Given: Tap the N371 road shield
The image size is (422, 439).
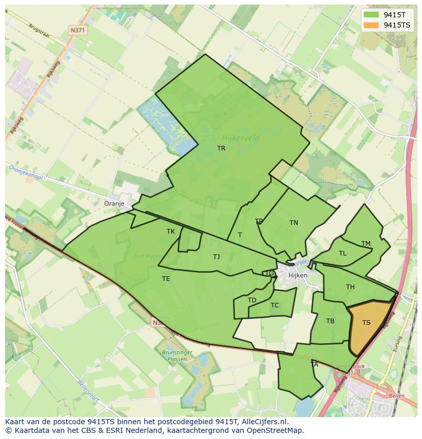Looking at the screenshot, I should coord(78,30).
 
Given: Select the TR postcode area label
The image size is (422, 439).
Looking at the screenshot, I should coord(221,148).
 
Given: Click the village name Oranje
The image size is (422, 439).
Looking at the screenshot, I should coord(114,203).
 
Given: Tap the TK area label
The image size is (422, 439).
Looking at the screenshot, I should coord(171,231).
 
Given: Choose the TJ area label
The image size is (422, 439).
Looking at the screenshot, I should coord(217,257).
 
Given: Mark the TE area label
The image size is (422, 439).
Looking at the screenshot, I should coord(166,279).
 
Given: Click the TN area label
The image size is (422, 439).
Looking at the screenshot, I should coord(294,223).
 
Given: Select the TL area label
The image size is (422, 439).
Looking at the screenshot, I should coord(342,253).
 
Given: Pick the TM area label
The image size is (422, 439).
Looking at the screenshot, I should coord(366,244).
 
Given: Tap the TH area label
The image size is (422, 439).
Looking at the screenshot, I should coord(350,287).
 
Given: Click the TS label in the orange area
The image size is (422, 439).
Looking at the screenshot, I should coord(366,323).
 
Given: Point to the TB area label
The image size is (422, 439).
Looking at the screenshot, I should coord(330,321).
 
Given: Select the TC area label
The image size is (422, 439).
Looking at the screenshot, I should coord(275,305).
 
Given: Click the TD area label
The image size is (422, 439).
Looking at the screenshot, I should coord(252,300).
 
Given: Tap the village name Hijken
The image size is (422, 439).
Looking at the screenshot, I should coord(298,275).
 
